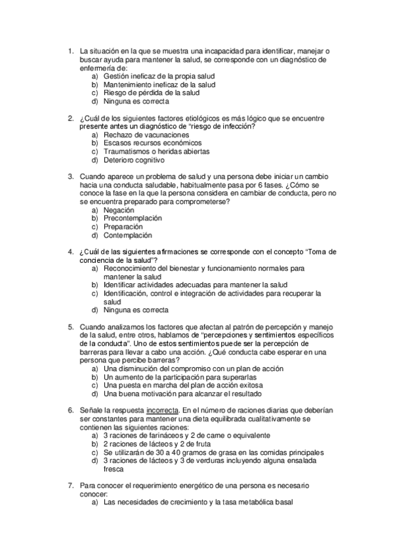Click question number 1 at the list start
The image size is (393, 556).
pos(71,50)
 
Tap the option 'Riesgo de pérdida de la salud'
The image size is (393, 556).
pos(151,93)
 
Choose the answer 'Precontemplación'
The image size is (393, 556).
pos(132,218)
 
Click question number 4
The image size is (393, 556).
pos(71,252)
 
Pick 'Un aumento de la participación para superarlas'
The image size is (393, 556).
pos(179,378)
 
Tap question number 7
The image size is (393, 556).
pos(71,486)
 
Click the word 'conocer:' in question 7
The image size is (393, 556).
pos(93,494)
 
